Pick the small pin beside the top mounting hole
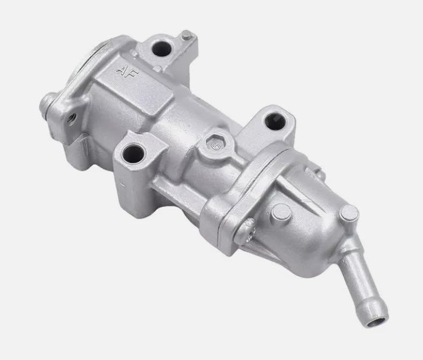click(x=186, y=36)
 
